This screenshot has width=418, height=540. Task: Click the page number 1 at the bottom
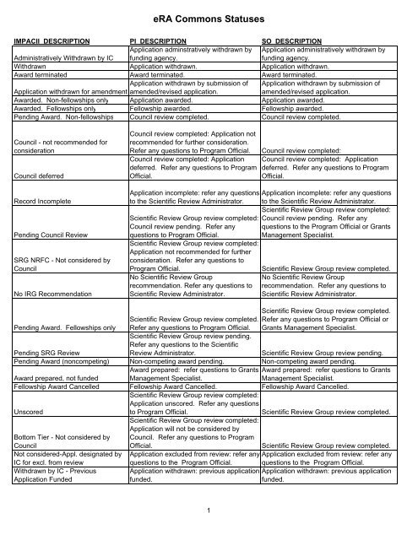(209, 510)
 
